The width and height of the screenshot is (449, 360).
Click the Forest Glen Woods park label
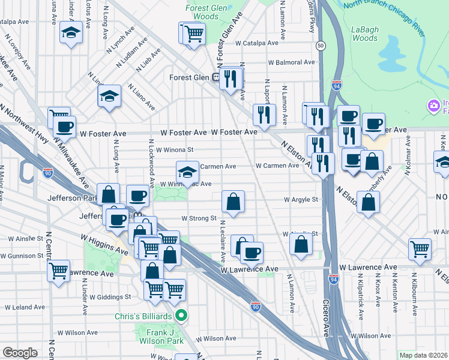(202, 13)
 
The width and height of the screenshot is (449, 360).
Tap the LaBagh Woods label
(364, 34)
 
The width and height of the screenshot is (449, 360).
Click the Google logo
(20, 353)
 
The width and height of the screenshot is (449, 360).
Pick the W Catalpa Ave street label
(256, 43)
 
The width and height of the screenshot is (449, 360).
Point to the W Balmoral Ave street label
(291, 62)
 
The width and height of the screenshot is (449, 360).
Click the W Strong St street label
(198, 218)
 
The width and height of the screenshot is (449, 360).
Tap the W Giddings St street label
(110, 297)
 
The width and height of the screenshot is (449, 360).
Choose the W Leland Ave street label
(23, 307)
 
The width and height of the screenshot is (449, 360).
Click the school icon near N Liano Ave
(109, 96)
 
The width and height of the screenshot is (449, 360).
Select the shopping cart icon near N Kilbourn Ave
(419, 248)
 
